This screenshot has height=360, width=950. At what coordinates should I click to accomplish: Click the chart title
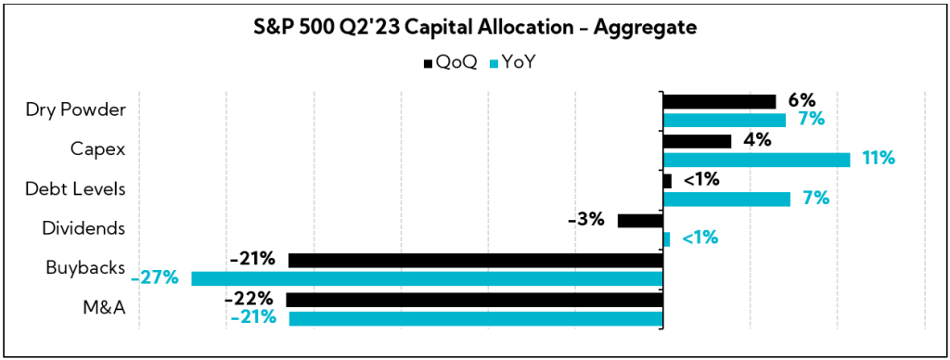pyautogui.click(x=475, y=29)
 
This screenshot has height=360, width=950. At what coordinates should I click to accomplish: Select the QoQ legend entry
pyautogui.click(x=451, y=62)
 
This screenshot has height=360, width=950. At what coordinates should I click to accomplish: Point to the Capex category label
pyautogui.click(x=98, y=148)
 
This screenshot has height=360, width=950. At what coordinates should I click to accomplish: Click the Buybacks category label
pyautogui.click(x=86, y=267)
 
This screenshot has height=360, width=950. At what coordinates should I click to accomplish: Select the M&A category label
pyautogui.click(x=104, y=307)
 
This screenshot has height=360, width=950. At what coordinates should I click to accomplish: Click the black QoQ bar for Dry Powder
pyautogui.click(x=719, y=101)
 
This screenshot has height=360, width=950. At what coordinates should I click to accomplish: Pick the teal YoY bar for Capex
pyautogui.click(x=756, y=160)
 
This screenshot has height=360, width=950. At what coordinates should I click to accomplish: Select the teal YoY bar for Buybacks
pyautogui.click(x=427, y=278)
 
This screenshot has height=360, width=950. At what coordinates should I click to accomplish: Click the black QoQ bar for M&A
pyautogui.click(x=475, y=300)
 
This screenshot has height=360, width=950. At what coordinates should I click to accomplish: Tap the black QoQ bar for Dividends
pyautogui.click(x=640, y=221)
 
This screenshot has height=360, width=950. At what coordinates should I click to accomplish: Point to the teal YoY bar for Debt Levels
pyautogui.click(x=726, y=199)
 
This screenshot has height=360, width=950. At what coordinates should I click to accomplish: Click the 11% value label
pyautogui.click(x=878, y=159)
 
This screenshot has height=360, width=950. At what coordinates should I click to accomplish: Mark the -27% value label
pyautogui.click(x=155, y=277)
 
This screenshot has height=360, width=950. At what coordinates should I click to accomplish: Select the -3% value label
pyautogui.click(x=585, y=220)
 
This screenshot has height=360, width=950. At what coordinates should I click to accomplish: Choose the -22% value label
pyautogui.click(x=249, y=299)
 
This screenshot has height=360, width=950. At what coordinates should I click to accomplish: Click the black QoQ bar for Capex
pyautogui.click(x=697, y=141)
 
